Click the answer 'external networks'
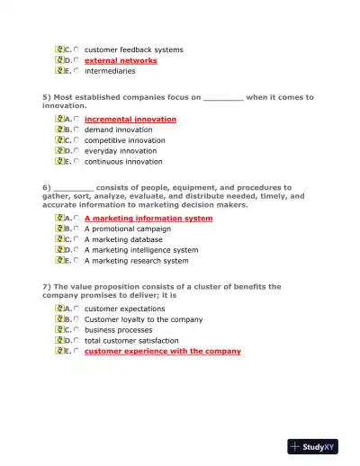coord(121,60)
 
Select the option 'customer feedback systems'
coord(133,49)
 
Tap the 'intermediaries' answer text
coord(110,71)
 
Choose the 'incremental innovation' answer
coord(130,119)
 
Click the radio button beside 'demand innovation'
coord(76,130)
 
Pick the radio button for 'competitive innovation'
coord(76,140)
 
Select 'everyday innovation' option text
coord(120,151)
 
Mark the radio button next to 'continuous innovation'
coord(76,162)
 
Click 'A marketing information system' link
coord(148,218)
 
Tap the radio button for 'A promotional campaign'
coord(76,229)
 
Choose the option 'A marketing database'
coord(123,239)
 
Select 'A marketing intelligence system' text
coord(140,250)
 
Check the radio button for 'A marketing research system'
coord(76,261)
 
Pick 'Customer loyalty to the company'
coord(143,319)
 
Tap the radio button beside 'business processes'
coord(76,330)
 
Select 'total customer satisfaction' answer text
coord(130,341)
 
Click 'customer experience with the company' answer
coord(162,352)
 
